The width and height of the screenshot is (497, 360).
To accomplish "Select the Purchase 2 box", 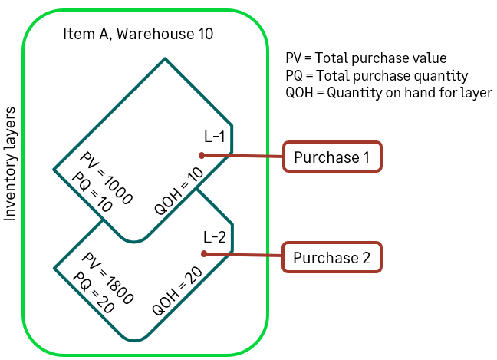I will pos(331,257).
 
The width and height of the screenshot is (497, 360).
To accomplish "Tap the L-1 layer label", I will pos(215,137).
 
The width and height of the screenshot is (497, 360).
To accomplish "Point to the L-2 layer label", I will pos(215,236).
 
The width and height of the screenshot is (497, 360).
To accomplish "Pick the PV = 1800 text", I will pos(107,279).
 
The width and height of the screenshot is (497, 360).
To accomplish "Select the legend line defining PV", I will pos(364,58).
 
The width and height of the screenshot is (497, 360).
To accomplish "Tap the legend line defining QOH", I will pos(387,93).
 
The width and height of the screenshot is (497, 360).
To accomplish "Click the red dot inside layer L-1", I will pos(202,154).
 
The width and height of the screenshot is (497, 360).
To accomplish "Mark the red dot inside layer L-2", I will pos(203,254).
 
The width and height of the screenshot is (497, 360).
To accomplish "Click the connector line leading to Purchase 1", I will pos(242,156).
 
